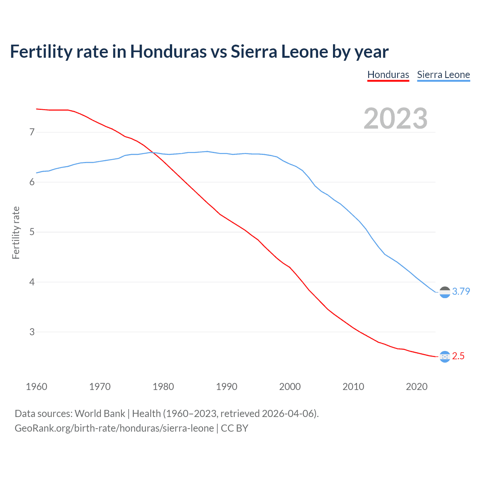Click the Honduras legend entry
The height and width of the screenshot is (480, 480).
388,75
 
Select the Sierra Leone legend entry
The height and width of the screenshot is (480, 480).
443,75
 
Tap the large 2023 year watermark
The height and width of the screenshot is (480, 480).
395,118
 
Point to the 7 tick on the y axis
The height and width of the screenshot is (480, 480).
32,132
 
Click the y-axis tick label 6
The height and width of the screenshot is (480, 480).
32,182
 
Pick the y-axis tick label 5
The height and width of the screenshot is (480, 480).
32,232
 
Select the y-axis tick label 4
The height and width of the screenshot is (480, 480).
32,282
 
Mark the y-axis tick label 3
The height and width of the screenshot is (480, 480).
32,332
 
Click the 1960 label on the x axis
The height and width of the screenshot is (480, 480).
36,387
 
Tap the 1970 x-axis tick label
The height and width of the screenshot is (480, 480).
100,387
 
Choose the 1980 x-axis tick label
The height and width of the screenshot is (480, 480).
163,387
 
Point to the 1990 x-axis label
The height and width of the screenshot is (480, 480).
226,387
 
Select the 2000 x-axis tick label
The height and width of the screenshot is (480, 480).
290,387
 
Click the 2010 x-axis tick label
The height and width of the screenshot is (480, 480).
353,387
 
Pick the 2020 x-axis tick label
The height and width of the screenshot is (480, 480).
417,387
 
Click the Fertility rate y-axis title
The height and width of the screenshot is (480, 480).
16,232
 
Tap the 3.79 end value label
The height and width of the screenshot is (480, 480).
461,291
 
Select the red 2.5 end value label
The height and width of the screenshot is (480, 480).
458,356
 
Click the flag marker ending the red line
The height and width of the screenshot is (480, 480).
445,357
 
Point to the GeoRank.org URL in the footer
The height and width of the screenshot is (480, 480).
114,428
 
